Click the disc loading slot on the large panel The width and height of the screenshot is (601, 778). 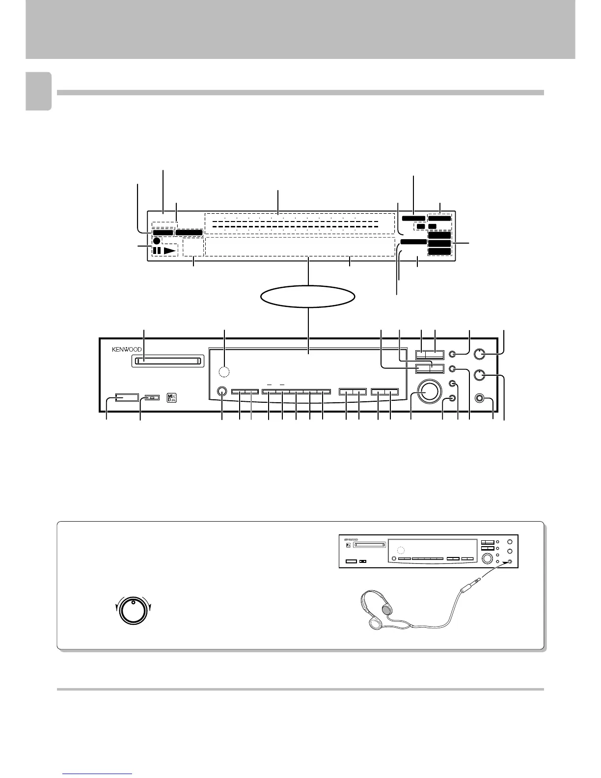coord(167,361)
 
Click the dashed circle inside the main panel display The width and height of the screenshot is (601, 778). coord(224,373)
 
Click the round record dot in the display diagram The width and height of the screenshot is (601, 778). coord(157,241)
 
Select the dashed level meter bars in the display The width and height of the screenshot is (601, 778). coord(295,226)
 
